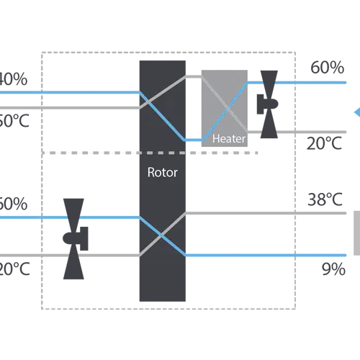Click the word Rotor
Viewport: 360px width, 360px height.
click(161, 173)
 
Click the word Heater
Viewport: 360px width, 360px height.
click(228, 139)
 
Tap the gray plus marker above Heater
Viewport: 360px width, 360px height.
click(193, 74)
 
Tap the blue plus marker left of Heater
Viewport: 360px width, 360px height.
click(193, 139)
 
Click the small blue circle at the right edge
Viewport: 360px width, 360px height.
click(356, 110)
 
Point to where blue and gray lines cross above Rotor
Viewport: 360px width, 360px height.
click(161, 107)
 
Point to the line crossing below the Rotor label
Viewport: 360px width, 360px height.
click(161, 233)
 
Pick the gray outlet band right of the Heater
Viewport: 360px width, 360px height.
click(284, 132)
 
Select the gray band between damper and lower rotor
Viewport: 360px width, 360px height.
click(108, 253)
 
